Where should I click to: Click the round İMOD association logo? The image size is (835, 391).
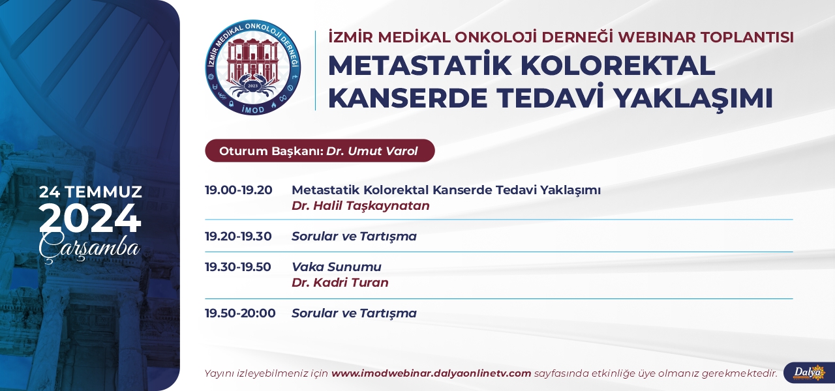coord(253,67)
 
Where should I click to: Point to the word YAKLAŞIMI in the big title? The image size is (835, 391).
coord(693,98)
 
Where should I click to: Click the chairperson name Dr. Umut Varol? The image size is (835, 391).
coord(372,151)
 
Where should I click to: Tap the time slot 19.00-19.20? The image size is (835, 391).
coord(239,190)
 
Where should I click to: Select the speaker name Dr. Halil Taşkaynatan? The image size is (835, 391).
coord(361,205)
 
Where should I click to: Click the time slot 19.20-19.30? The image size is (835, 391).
coord(238,236)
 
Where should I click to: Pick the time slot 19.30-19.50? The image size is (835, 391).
coord(238,267)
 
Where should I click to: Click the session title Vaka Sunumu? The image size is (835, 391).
coord(337,267)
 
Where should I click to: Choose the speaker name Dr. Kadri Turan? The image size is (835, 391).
coord(340,283)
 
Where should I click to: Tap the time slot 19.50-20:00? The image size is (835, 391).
coord(240,313)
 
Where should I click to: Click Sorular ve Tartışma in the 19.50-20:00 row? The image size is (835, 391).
coord(354,313)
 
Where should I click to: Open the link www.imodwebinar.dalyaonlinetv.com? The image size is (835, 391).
coord(431,373)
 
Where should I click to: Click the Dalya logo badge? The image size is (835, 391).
coord(810,373)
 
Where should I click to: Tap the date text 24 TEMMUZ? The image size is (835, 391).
coord(90,192)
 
